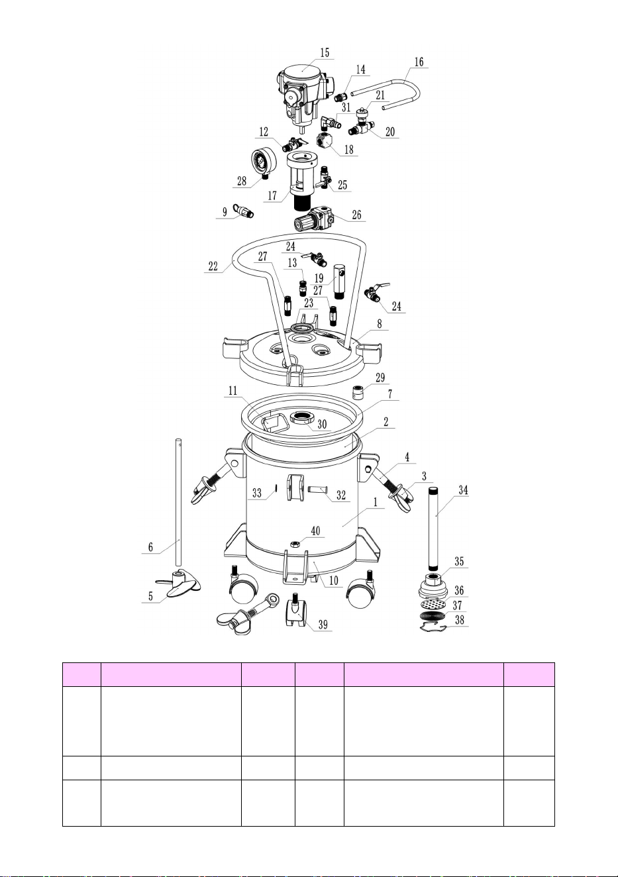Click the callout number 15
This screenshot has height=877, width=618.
(325, 52)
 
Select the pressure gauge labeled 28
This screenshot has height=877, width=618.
(264, 162)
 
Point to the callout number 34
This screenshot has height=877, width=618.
(463, 490)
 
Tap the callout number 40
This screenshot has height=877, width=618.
(315, 531)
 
